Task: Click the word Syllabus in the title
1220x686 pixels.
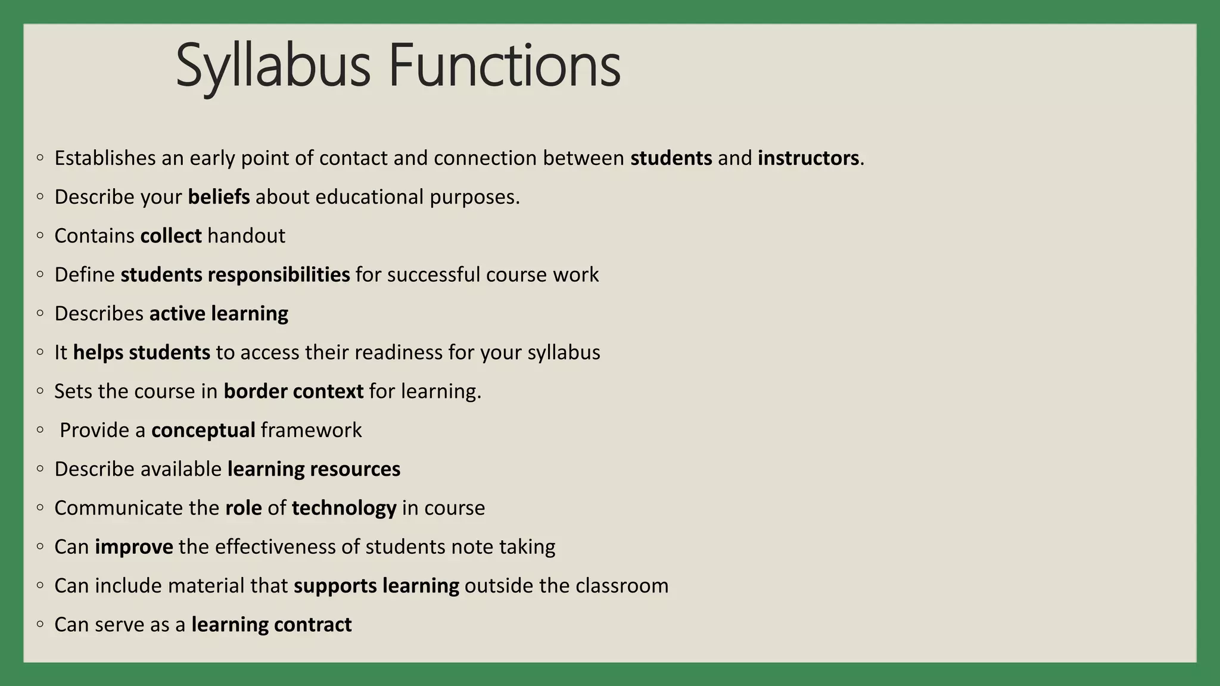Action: click(x=273, y=66)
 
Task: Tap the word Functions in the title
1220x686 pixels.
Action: click(x=505, y=66)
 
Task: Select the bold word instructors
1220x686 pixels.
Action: click(x=808, y=158)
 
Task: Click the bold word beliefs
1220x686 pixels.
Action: click(x=219, y=197)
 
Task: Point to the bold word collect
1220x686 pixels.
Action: click(x=171, y=236)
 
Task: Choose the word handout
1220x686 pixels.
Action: click(x=247, y=236)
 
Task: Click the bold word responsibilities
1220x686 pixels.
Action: click(x=279, y=275)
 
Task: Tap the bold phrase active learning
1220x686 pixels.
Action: click(x=219, y=314)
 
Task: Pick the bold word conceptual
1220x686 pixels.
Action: click(x=203, y=431)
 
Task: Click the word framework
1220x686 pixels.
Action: click(x=311, y=431)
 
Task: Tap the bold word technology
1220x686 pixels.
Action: click(x=344, y=508)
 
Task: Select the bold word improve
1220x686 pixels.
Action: click(x=134, y=547)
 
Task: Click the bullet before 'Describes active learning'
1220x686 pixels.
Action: click(x=40, y=313)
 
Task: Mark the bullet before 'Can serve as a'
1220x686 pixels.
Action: click(x=40, y=624)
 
